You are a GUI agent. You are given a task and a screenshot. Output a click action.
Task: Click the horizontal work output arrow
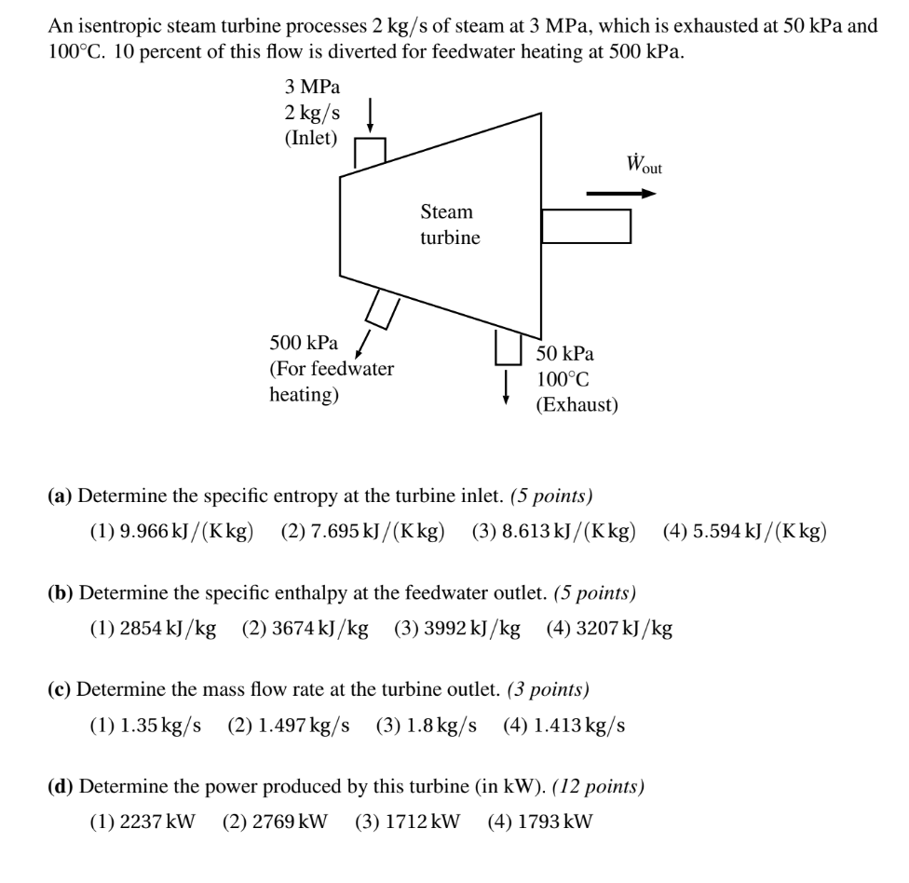coord(621,194)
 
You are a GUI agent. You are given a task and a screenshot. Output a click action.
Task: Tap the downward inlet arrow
coord(371,117)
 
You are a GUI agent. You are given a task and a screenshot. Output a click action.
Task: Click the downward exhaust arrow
coord(507,387)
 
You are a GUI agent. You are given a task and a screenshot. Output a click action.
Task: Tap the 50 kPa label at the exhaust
coord(564,354)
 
